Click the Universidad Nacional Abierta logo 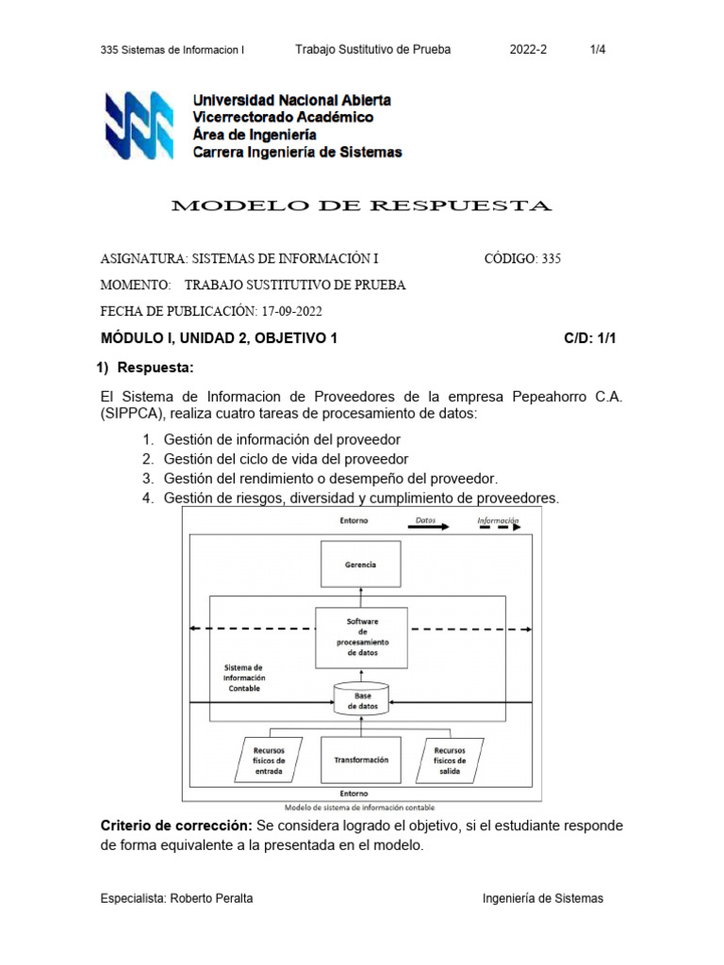point(140,125)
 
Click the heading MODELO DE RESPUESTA point(361,205)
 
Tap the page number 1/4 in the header point(598,50)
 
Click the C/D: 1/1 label point(590,337)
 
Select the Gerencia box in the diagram point(361,564)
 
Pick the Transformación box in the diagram point(361,760)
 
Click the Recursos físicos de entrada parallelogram point(269,760)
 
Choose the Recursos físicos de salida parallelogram point(450,760)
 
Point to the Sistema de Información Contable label point(244,678)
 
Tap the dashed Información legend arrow point(498,529)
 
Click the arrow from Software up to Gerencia point(361,597)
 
